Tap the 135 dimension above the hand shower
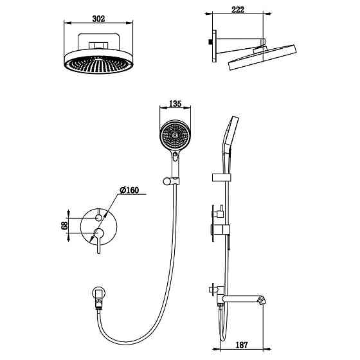pos(175,103)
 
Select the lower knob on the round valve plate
pos(98,232)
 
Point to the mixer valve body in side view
pos(221,229)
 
